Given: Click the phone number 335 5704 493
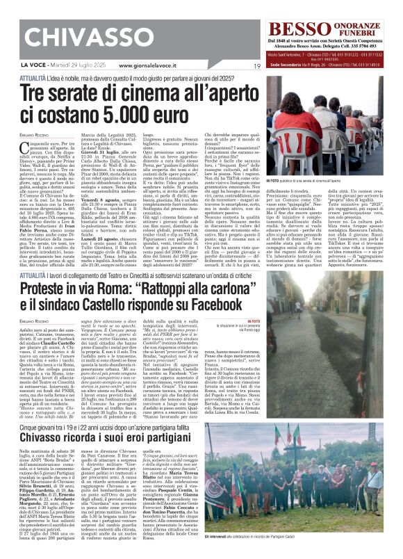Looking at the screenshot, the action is coord(369,46).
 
